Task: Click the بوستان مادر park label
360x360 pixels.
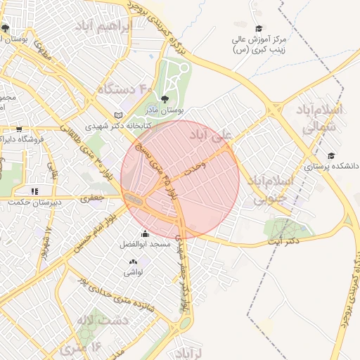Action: pos(167,111)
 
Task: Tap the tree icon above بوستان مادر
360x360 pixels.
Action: pos(165,99)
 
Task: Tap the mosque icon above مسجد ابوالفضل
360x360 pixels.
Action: pos(145,234)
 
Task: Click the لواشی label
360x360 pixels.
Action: pos(134,271)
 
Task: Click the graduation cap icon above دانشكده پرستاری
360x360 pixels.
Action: pos(331,155)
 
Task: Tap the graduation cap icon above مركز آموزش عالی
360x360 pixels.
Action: pos(259,29)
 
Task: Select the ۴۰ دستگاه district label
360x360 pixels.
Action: pos(124,89)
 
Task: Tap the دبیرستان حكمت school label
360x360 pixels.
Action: pos(34,202)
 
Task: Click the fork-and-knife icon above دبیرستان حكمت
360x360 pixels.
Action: pos(34,191)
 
